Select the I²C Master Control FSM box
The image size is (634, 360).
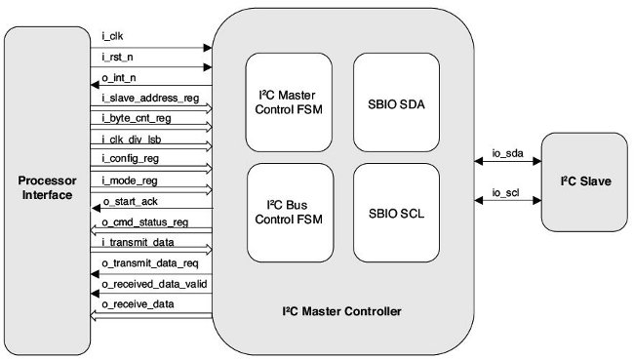click(x=290, y=102)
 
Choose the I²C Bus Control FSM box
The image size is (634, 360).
click(x=290, y=212)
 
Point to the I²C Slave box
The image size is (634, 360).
click(x=581, y=181)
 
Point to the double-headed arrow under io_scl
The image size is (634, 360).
click(x=506, y=200)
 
